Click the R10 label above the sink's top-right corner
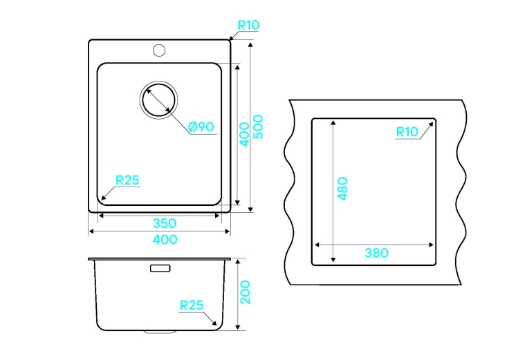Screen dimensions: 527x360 tap(248, 25)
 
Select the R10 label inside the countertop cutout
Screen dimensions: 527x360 tap(407, 132)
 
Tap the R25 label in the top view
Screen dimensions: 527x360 tap(127, 180)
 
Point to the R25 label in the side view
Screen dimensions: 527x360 tap(192, 305)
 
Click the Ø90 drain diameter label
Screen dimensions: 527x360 tap(201, 126)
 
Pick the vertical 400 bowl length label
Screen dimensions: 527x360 tap(244, 134)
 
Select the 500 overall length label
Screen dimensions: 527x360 tap(258, 126)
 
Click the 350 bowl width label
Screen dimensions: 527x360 tap(165, 223)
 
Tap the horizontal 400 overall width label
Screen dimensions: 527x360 tap(165, 240)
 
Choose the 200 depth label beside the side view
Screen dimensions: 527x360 tap(245, 292)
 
